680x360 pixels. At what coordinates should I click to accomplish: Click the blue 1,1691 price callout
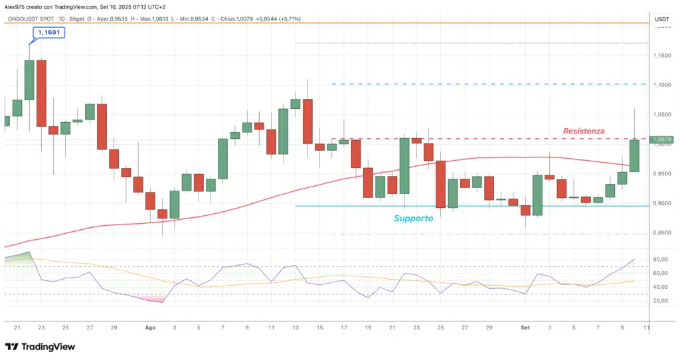click(x=51, y=32)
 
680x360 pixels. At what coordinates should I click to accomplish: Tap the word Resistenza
click(x=584, y=132)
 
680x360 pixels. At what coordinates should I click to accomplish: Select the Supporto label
click(x=413, y=218)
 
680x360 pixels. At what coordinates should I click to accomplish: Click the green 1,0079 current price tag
click(x=661, y=140)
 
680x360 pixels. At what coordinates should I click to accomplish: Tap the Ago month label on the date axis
click(x=150, y=327)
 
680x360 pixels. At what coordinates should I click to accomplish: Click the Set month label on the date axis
click(x=525, y=327)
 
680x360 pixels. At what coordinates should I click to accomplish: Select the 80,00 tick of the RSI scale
click(x=660, y=260)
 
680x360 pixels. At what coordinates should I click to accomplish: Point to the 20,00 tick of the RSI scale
click(x=660, y=301)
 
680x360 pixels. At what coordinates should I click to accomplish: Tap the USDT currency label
click(x=661, y=19)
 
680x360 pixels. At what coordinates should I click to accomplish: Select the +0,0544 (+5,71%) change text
click(x=282, y=19)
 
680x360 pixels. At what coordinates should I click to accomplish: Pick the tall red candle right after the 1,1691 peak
click(x=41, y=93)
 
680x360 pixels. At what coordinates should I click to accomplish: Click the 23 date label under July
click(x=41, y=327)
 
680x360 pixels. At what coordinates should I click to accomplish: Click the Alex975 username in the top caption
click(x=14, y=6)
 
